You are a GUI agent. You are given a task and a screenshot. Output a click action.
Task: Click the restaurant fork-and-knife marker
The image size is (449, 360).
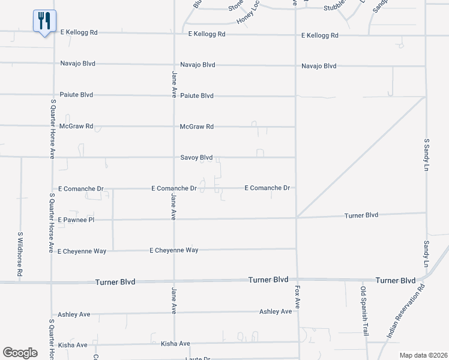tap(44, 22)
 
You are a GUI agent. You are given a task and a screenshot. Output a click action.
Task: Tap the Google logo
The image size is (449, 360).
tap(20, 352)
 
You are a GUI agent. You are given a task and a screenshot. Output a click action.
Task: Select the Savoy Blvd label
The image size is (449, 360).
tap(197, 157)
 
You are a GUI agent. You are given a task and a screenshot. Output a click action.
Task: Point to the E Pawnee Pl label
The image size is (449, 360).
tap(76, 220)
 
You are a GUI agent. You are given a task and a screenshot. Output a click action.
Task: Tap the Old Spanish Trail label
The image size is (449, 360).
tap(363, 311)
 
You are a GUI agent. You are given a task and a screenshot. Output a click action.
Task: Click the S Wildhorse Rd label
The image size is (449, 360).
tap(20, 254)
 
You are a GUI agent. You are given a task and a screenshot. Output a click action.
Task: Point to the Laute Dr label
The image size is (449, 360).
tap(197, 359)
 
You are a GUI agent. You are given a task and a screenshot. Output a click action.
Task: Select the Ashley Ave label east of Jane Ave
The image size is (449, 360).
tap(276, 311)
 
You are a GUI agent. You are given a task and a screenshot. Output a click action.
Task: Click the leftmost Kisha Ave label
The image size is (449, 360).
tap(73, 345)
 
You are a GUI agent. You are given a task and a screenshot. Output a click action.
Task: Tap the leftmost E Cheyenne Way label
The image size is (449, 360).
tap(82, 251)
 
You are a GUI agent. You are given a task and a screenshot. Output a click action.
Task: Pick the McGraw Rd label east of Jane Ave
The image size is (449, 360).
tap(197, 127)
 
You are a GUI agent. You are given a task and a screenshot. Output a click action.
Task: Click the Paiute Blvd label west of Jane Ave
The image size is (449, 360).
tap(76, 95)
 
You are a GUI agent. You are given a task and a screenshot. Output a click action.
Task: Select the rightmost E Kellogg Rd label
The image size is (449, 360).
tap(320, 35)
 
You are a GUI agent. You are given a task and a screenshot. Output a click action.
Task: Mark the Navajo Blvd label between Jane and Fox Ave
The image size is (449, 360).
tap(197, 64)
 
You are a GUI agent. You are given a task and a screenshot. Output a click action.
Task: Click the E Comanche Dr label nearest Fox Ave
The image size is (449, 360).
tap(267, 188)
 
